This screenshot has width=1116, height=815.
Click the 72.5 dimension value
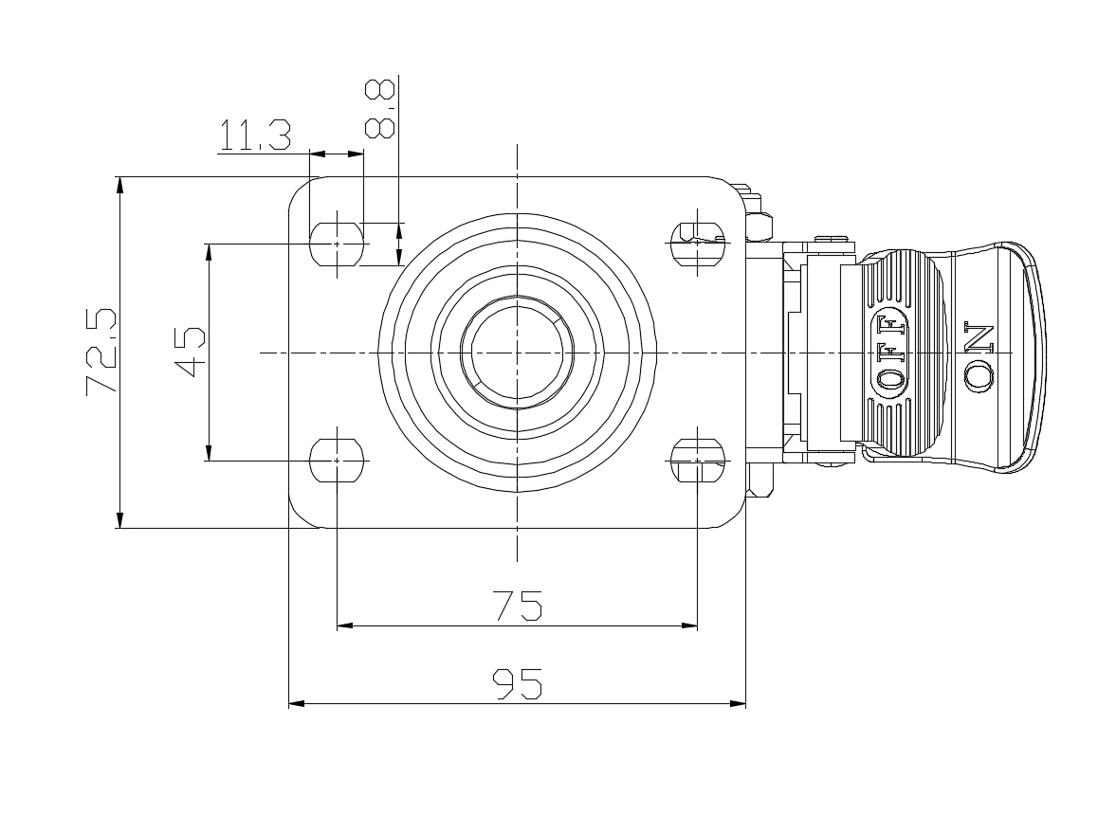[x=101, y=351]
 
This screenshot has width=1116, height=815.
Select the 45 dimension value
[x=190, y=352]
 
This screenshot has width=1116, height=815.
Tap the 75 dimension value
[x=518, y=606]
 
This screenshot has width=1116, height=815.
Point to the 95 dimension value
[x=518, y=683]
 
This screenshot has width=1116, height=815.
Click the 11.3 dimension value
[x=255, y=136]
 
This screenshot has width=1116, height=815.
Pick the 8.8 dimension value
[x=379, y=108]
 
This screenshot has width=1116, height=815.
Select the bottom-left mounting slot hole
[x=337, y=461]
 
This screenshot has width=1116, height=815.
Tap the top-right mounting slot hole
[x=698, y=244]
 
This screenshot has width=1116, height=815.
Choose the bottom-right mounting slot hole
[x=698, y=461]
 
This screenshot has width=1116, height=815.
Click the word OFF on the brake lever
[x=891, y=351]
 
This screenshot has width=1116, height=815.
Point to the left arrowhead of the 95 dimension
[x=297, y=703]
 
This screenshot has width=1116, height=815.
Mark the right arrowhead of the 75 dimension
[x=689, y=625]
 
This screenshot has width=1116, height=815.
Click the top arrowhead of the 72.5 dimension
[x=119, y=185]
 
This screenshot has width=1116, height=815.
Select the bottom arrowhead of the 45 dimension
[x=209, y=452]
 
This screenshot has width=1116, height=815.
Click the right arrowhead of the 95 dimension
[x=738, y=703]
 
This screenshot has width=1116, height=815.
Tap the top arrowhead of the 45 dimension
[x=209, y=252]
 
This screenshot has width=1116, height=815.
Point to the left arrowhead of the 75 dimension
[x=345, y=625]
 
